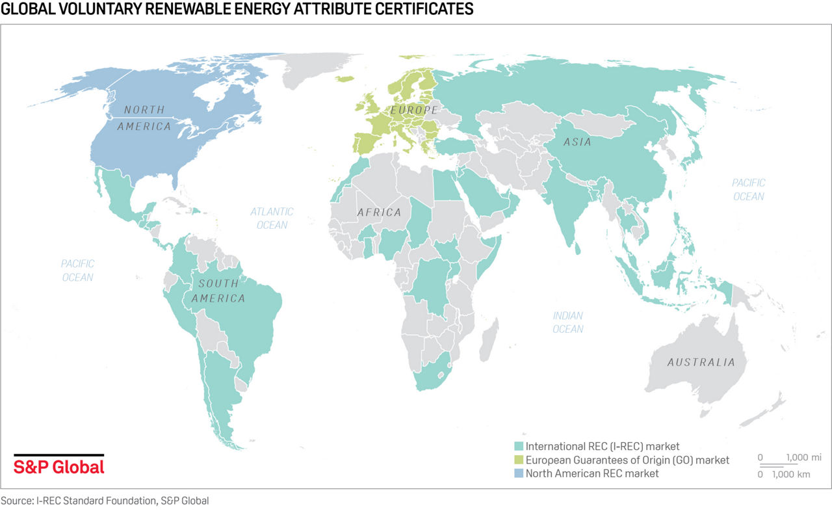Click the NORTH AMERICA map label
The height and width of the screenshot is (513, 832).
pos(144,118)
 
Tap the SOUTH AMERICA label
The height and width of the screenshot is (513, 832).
pos(222,291)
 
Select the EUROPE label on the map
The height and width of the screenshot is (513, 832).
pos(413,111)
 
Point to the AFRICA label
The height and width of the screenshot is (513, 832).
pos(378,213)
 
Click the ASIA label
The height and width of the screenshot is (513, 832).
pos(577,142)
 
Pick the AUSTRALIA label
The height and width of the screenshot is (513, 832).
pos(701,362)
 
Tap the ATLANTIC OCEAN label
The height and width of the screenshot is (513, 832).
pos(272,218)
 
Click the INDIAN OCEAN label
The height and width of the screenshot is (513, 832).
pos(567,322)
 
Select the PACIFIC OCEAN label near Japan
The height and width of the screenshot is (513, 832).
pos(748,189)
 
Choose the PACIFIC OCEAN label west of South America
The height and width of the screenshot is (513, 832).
pos(77,270)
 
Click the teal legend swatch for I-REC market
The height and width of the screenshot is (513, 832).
pos(518,447)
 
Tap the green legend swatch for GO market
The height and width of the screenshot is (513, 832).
pos(518,460)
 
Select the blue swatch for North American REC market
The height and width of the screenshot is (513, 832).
pos(518,473)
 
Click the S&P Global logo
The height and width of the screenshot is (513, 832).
pos(58,466)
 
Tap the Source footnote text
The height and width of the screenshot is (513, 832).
pos(105,501)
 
